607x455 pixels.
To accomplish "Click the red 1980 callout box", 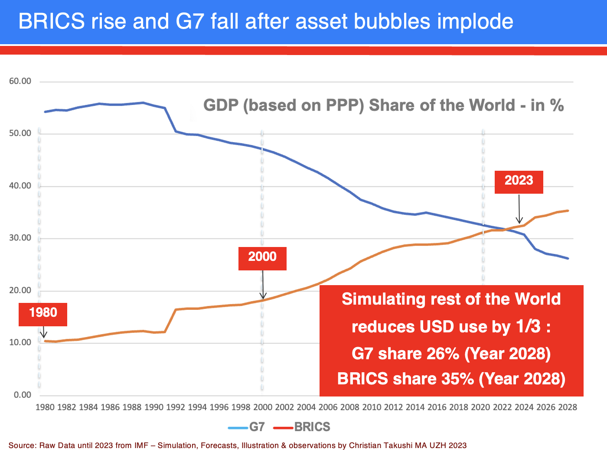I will coord(43,314).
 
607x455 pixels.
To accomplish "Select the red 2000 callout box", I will coord(262,258).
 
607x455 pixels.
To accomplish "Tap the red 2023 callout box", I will coord(519,182).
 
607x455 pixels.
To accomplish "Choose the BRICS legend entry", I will coord(303,427).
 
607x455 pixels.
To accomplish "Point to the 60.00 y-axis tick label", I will coord(20,81).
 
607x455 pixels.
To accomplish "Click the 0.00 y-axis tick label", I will coord(23,395).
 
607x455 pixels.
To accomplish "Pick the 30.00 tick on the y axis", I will coord(20,238).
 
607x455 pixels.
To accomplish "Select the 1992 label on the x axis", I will coord(175,407).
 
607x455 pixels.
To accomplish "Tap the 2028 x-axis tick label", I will coord(567,407).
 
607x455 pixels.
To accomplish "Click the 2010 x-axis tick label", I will coord(372,407).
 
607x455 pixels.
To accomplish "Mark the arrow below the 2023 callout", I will coord(519,209).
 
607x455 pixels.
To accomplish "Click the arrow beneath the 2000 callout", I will coord(263,284).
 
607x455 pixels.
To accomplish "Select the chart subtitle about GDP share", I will coord(383,105).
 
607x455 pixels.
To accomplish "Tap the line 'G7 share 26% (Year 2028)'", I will coord(451,354).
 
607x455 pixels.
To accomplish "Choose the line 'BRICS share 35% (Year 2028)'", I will coord(451,379).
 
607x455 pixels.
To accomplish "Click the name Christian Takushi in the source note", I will coord(381,445).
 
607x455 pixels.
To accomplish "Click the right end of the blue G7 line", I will coord(568,258).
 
